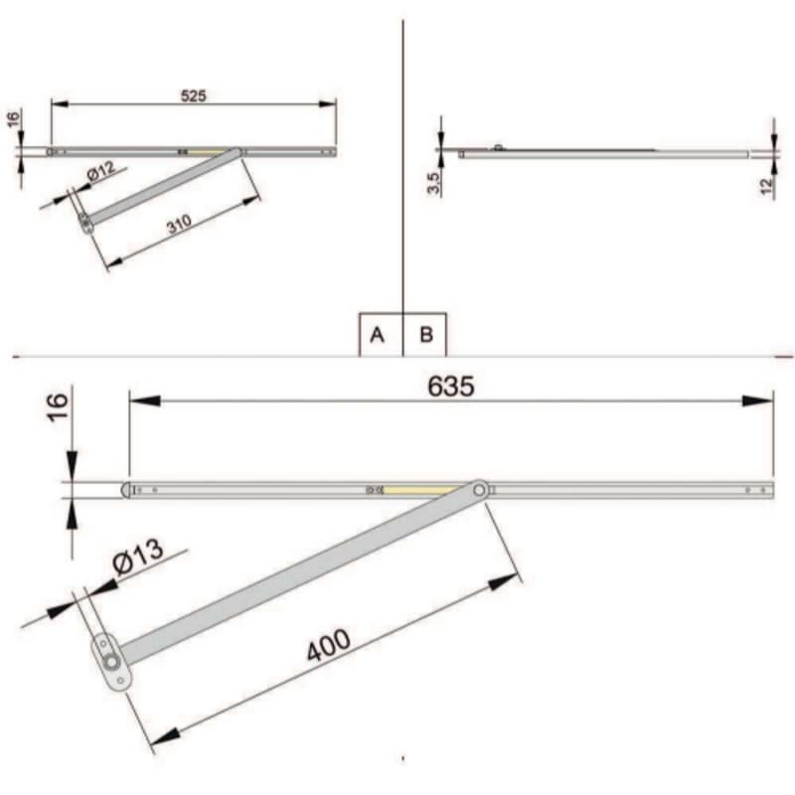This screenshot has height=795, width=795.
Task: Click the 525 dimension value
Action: (194, 95)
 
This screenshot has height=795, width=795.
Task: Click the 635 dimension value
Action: (451, 387)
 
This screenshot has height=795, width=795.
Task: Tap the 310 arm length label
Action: (180, 224)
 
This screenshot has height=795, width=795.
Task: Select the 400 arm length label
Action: (329, 645)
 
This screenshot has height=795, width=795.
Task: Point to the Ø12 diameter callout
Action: (101, 171)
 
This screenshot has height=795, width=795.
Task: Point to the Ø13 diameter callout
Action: (138, 556)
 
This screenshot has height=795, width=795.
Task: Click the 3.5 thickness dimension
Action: (433, 183)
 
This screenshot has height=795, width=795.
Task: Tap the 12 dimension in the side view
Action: (767, 186)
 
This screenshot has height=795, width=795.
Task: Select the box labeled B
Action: (425, 335)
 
